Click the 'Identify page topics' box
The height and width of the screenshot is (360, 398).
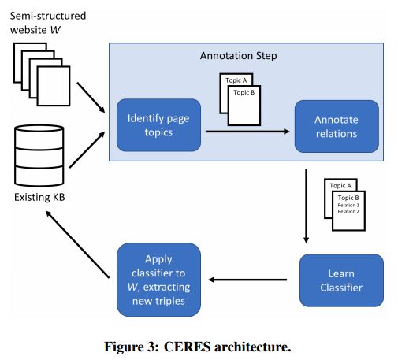158,125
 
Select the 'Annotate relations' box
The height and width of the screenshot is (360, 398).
337,126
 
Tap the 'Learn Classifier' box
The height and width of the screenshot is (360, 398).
341,280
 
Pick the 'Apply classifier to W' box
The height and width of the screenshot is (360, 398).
158,280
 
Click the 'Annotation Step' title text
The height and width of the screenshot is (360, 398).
238,56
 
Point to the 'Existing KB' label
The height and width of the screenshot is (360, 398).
39,197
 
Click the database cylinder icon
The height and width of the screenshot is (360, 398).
39,155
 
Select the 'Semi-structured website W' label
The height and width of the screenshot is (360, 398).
48,23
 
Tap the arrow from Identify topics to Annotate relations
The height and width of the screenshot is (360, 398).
247,132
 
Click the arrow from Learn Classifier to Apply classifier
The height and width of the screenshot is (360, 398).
247,280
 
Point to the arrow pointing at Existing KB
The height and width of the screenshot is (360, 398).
77,244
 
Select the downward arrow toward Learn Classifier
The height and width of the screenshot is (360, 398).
306,206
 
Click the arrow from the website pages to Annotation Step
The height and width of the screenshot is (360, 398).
91,98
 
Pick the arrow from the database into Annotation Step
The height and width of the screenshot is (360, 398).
87,150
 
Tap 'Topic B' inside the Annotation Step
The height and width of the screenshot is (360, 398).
244,92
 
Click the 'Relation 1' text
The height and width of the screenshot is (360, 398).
348,205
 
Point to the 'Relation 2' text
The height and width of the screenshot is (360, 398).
348,211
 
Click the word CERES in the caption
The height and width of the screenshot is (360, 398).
188,347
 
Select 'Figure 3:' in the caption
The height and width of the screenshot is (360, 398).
132,347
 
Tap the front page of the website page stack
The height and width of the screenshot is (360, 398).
54,86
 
